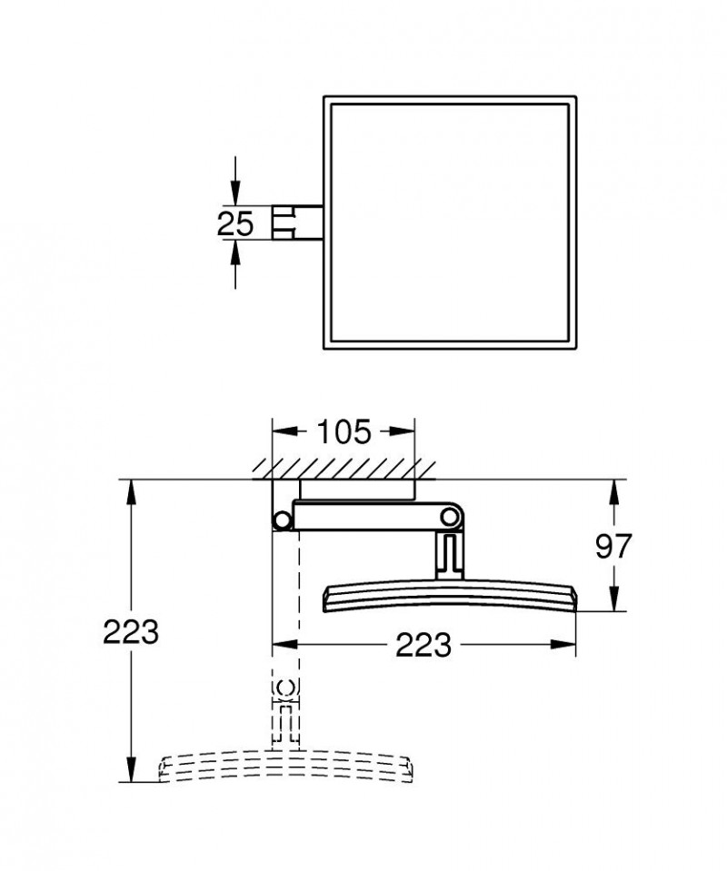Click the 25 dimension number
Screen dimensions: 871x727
pos(235,223)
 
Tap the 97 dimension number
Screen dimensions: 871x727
pos(613,546)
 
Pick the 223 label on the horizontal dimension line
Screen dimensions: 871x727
pos(423,645)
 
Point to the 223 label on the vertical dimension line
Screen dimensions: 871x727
pos(132,630)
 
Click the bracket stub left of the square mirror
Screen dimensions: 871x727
pos(296,222)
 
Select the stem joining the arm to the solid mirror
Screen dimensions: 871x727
pos(449,557)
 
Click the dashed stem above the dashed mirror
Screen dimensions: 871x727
pos(284,712)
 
